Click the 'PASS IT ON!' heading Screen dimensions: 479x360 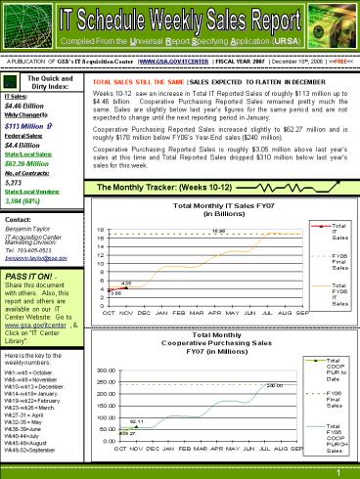(30, 278)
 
